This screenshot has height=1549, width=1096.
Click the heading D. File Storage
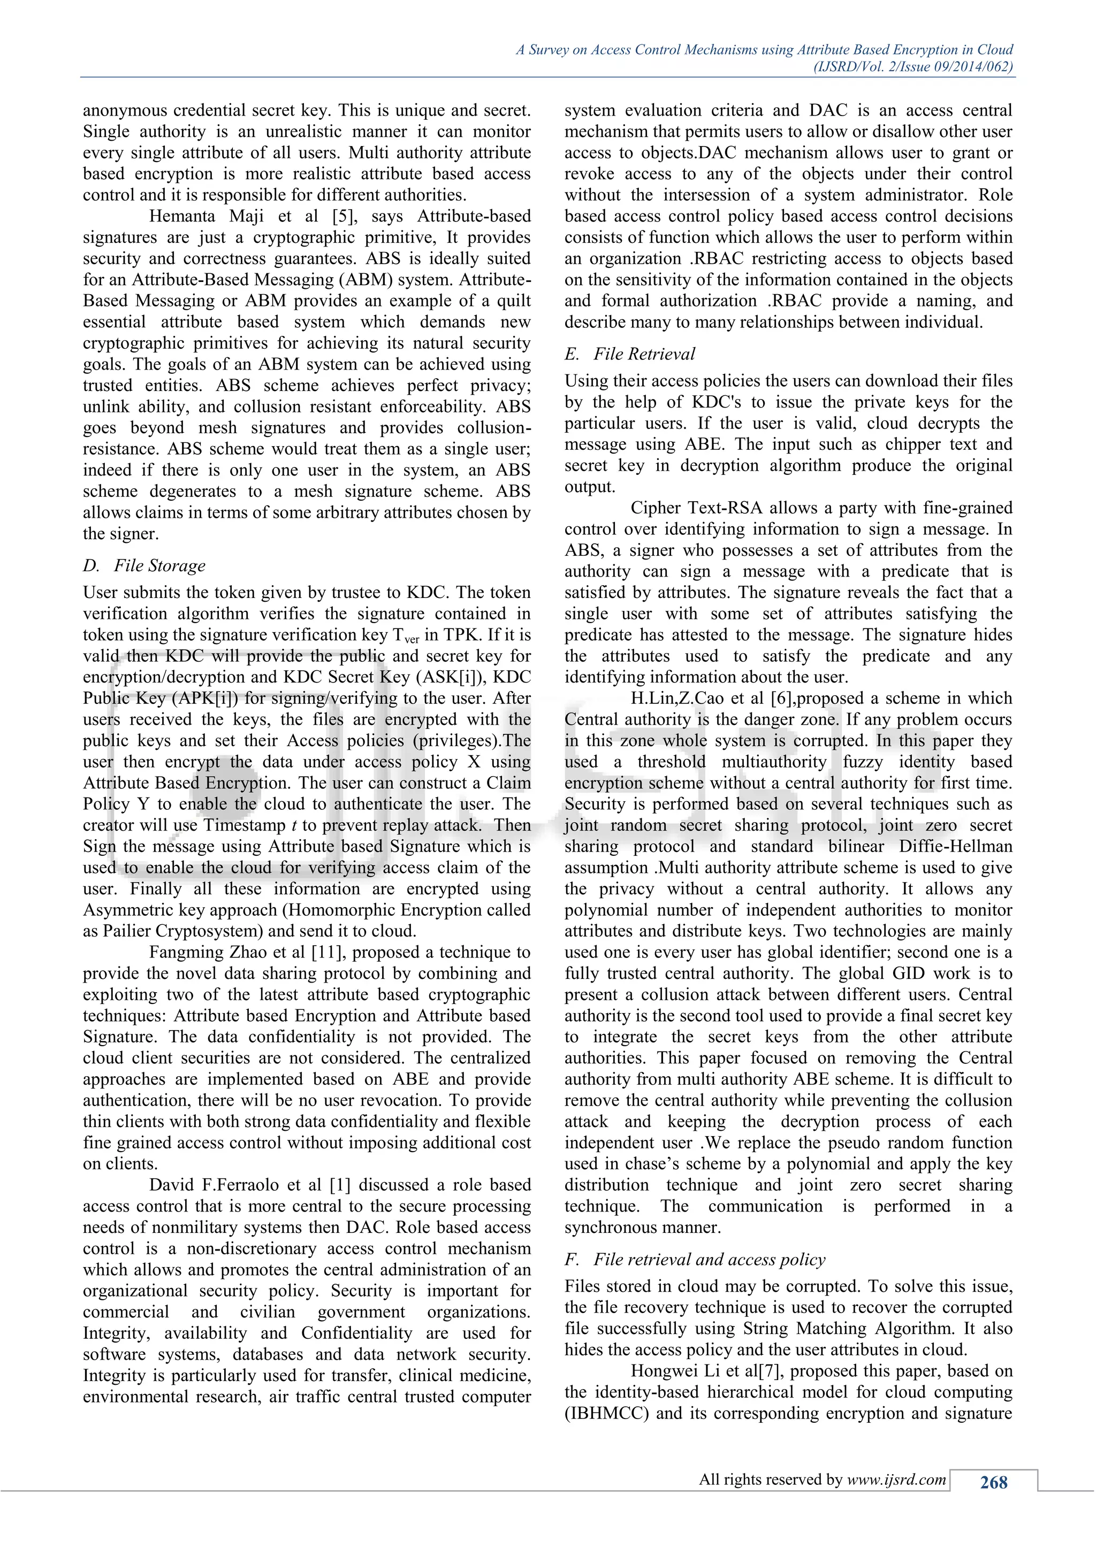click(144, 565)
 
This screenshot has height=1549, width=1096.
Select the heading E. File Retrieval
click(630, 354)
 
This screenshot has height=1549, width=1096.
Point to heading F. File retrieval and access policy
click(695, 1259)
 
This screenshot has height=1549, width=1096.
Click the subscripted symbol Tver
click(406, 635)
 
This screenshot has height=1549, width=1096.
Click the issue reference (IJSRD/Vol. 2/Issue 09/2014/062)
click(914, 66)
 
